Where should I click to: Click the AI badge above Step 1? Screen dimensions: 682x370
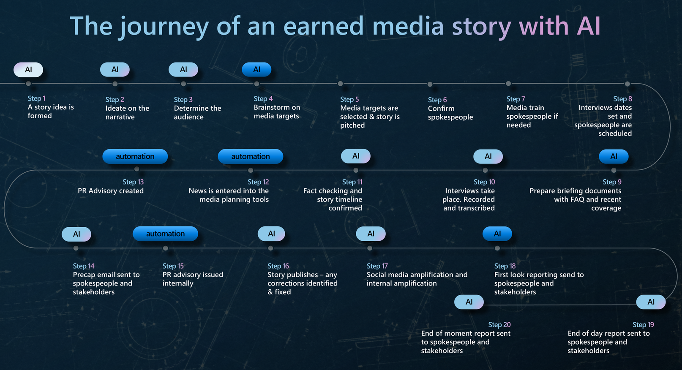pos(28,70)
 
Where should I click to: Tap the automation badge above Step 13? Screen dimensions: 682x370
pos(135,156)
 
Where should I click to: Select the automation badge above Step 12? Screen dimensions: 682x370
pos(251,156)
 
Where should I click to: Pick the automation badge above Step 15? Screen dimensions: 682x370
pos(165,234)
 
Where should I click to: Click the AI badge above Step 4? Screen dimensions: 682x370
pos(256,70)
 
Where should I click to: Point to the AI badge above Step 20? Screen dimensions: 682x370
pos(469,302)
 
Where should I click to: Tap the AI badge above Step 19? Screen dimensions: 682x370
pos(651,302)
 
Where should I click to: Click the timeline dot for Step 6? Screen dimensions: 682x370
pos(430,84)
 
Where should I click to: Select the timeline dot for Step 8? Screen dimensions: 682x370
pos(627,84)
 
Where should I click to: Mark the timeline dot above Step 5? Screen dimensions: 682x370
pos(341,84)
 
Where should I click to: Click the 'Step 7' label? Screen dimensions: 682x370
pos(516,99)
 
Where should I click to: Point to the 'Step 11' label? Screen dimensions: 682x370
pos(352,182)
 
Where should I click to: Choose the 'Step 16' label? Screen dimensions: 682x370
pos(278,266)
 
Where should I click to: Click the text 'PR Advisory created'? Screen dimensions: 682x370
pos(111,191)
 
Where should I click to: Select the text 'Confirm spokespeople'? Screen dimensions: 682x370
pos(450,113)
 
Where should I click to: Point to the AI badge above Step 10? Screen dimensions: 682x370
pos(488,156)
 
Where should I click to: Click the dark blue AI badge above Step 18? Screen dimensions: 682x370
pos(497,234)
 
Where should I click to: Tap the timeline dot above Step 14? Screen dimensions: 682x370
pos(76,248)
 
